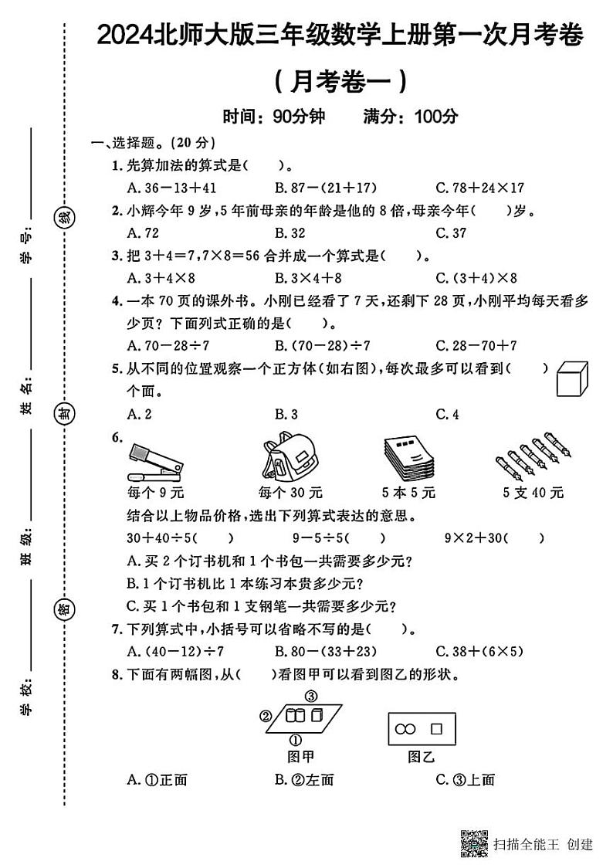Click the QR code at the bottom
tap(474, 843)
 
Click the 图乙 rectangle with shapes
tap(422, 728)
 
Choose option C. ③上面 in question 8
tap(465, 779)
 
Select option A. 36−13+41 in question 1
tap(171, 187)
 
